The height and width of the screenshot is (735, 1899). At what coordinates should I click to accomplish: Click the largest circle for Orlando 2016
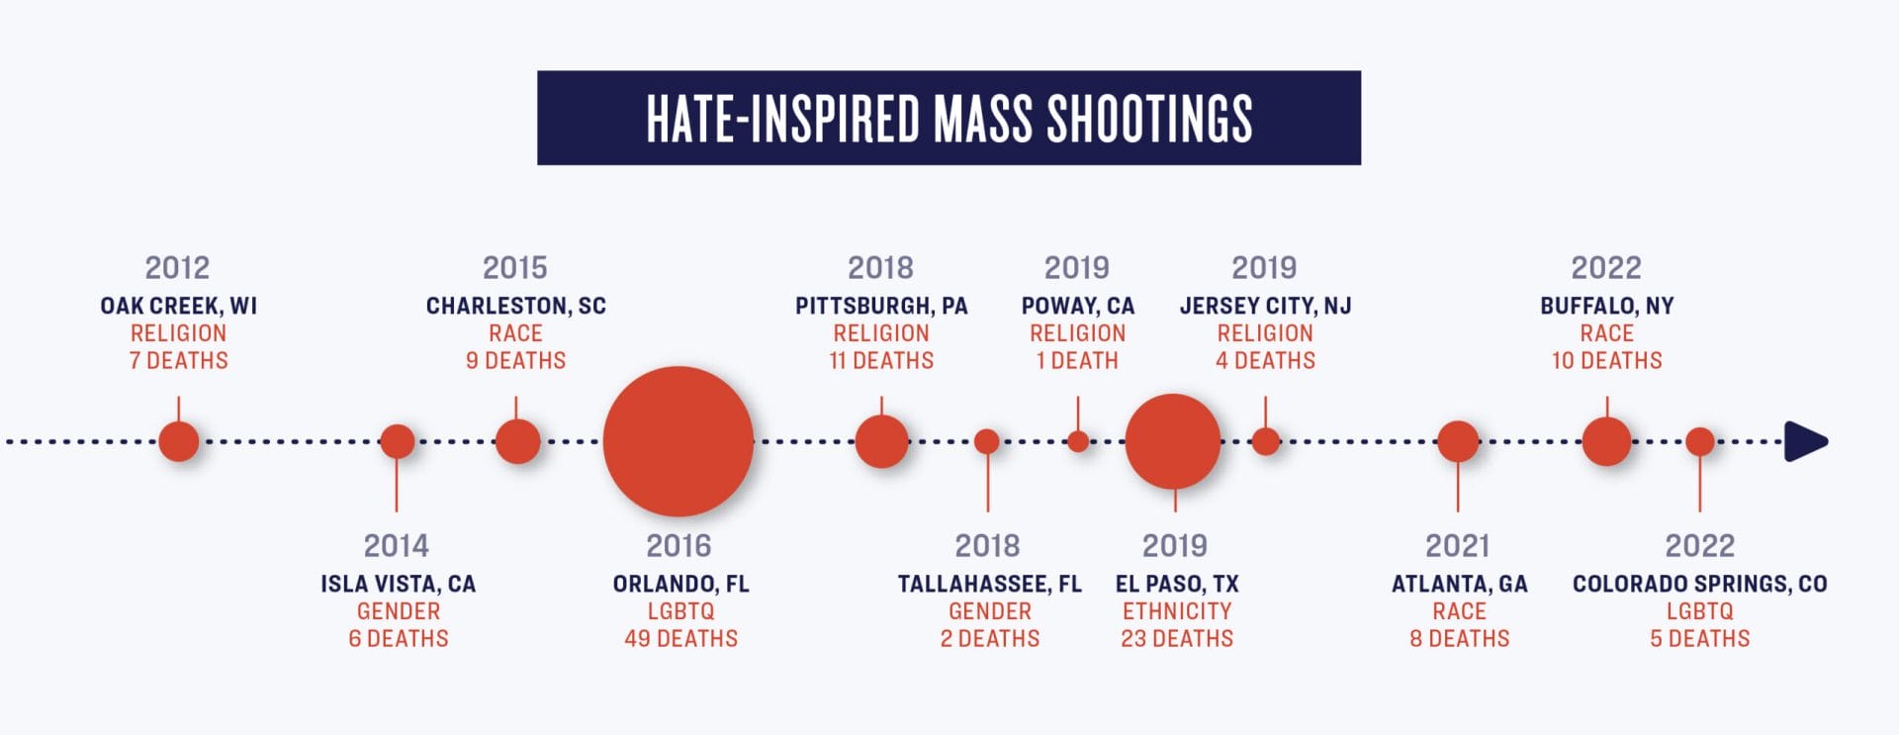click(678, 441)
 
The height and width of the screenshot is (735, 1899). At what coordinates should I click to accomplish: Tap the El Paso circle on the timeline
click(1173, 441)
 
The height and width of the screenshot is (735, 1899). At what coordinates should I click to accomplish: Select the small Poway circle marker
click(1078, 441)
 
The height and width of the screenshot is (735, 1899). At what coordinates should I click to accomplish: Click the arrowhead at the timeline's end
click(1806, 441)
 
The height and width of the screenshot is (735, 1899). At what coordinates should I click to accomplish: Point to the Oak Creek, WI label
click(178, 306)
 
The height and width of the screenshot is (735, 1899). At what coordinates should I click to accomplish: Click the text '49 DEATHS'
click(680, 639)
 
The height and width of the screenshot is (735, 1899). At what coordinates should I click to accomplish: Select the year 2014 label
click(396, 546)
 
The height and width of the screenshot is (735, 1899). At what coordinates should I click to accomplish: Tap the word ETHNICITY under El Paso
click(1177, 611)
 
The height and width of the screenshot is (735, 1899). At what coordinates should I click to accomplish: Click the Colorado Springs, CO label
click(1699, 584)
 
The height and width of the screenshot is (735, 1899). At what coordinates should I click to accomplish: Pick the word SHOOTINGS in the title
click(1149, 119)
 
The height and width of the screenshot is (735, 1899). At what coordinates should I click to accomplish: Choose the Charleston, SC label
click(515, 306)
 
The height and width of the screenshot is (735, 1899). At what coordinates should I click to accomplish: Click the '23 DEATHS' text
click(1177, 639)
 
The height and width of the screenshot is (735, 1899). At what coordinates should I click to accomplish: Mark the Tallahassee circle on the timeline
click(987, 441)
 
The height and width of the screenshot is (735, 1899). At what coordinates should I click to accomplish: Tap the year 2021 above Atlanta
click(1457, 546)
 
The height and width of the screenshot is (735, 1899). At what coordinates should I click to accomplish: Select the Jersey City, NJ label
click(1265, 306)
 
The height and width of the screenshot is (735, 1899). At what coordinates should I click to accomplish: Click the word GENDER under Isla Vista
click(398, 611)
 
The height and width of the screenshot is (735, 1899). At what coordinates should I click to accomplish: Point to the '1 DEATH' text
click(1077, 361)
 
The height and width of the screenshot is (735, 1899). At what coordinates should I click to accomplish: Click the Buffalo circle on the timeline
click(1606, 441)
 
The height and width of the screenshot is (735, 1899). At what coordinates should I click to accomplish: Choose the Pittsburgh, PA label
click(881, 306)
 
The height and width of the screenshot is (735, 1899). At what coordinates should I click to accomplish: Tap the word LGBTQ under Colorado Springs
click(1699, 611)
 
